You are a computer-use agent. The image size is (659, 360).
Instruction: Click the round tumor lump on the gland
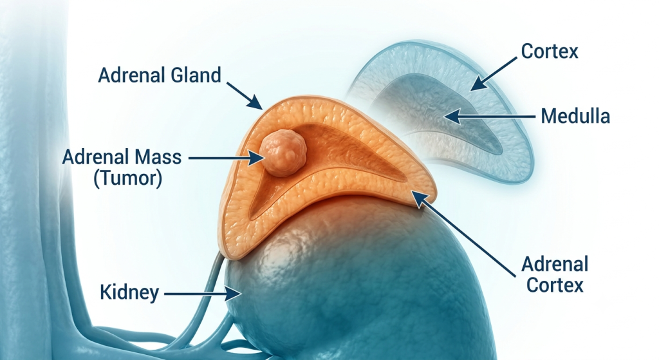pyautogui.click(x=283, y=153)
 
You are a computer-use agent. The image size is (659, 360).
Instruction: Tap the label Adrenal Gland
pyautogui.click(x=160, y=75)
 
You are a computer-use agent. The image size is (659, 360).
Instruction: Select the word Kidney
pyautogui.click(x=129, y=292)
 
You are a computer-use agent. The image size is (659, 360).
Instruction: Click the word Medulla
pyautogui.click(x=575, y=116)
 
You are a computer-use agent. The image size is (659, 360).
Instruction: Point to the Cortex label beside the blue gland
pyautogui.click(x=550, y=52)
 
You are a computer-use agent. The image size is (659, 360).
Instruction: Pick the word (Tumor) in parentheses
pyautogui.click(x=128, y=178)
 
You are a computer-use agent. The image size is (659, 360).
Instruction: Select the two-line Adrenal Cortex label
pyautogui.click(x=555, y=274)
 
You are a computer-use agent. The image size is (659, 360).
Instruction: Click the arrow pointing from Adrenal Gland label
pyautogui.click(x=245, y=96)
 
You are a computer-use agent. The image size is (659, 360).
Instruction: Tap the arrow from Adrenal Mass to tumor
pyautogui.click(x=227, y=158)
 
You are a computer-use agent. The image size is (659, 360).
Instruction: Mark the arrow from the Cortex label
pyautogui.click(x=493, y=74)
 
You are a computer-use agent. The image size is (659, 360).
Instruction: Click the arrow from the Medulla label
pyautogui.click(x=490, y=116)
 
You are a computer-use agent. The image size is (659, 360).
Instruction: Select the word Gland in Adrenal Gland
pyautogui.click(x=196, y=75)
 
